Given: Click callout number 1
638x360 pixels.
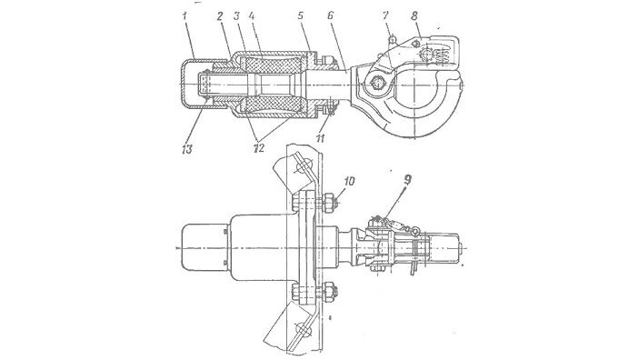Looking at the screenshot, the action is pos(184,16).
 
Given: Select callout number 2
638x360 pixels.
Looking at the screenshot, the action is pos(220,16).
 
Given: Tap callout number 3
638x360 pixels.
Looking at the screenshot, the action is pos(237,16).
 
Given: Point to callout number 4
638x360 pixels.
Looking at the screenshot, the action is pos(252,16).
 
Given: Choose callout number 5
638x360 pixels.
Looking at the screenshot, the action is pos(301,16).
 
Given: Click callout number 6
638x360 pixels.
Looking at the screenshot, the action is pos(331,15).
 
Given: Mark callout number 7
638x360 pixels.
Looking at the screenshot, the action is pos(385,15).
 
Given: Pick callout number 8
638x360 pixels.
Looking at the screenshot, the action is pos(414,15).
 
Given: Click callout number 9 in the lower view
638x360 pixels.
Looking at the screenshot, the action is pos(408,179).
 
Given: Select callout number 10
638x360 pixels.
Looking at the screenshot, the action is pos(349,181).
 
